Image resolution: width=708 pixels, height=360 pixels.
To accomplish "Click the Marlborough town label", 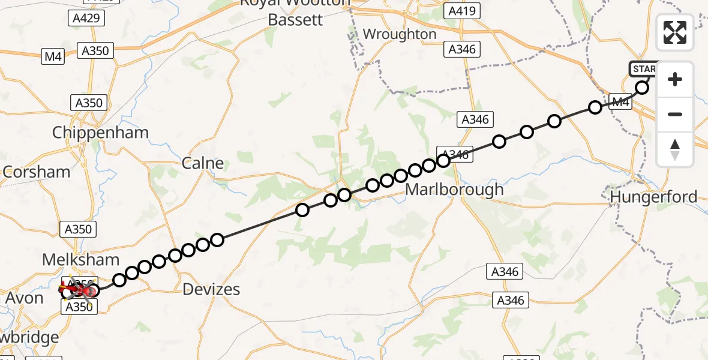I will pyautogui.click(x=454, y=190).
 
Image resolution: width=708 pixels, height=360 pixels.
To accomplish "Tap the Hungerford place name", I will pyautogui.click(x=653, y=197).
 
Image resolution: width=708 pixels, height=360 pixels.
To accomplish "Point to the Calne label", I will pyautogui.click(x=203, y=163).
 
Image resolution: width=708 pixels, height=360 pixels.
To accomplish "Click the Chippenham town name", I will pyautogui.click(x=100, y=133).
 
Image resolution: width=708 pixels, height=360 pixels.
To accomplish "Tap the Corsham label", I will pyautogui.click(x=36, y=172).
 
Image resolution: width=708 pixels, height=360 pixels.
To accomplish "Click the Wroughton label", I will pyautogui.click(x=400, y=34).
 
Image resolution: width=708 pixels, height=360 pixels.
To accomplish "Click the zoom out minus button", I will pyautogui.click(x=675, y=114).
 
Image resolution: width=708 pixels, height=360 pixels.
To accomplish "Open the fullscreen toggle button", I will pyautogui.click(x=675, y=32).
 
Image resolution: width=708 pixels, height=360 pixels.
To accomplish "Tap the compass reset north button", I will pyautogui.click(x=675, y=148).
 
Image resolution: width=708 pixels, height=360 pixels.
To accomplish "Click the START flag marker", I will pyautogui.click(x=643, y=69).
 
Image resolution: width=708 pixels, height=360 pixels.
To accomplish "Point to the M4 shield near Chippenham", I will pyautogui.click(x=53, y=57).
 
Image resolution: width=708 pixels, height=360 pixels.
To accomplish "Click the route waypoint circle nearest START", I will pyautogui.click(x=642, y=88).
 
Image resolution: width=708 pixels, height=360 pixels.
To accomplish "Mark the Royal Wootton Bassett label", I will pyautogui.click(x=295, y=12).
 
